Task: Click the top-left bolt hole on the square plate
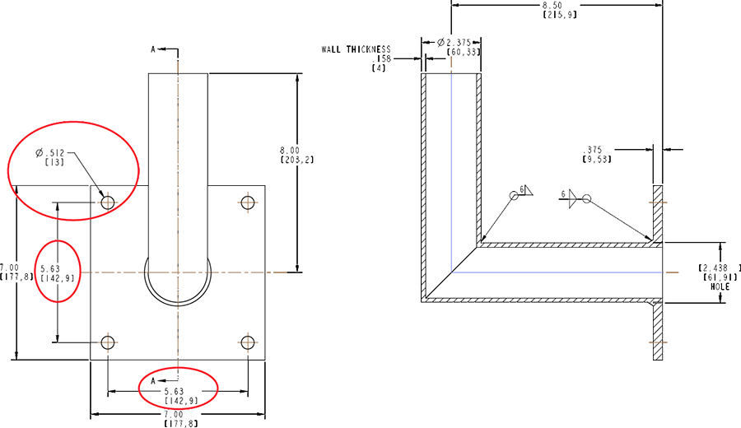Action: click(108, 202)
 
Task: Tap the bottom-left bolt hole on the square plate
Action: click(108, 342)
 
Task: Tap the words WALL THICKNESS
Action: click(356, 49)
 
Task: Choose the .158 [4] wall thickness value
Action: click(382, 63)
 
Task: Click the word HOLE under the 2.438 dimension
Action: click(710, 286)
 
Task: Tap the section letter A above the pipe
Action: click(154, 49)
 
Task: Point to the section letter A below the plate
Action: click(154, 379)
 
